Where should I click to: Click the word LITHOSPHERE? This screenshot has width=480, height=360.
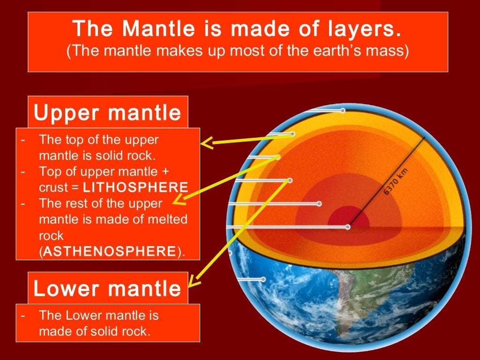[x=136, y=187]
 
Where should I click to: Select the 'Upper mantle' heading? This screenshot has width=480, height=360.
[x=107, y=112]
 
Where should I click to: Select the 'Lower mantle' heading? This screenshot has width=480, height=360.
[x=107, y=288]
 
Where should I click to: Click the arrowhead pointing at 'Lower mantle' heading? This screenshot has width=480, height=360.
[x=193, y=282]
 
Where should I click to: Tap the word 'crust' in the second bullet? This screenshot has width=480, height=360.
[x=53, y=187]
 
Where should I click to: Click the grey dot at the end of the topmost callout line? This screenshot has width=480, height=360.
[x=343, y=111]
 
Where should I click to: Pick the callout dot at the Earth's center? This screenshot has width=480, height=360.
[x=348, y=227]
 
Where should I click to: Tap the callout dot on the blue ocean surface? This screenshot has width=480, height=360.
[x=263, y=279]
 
